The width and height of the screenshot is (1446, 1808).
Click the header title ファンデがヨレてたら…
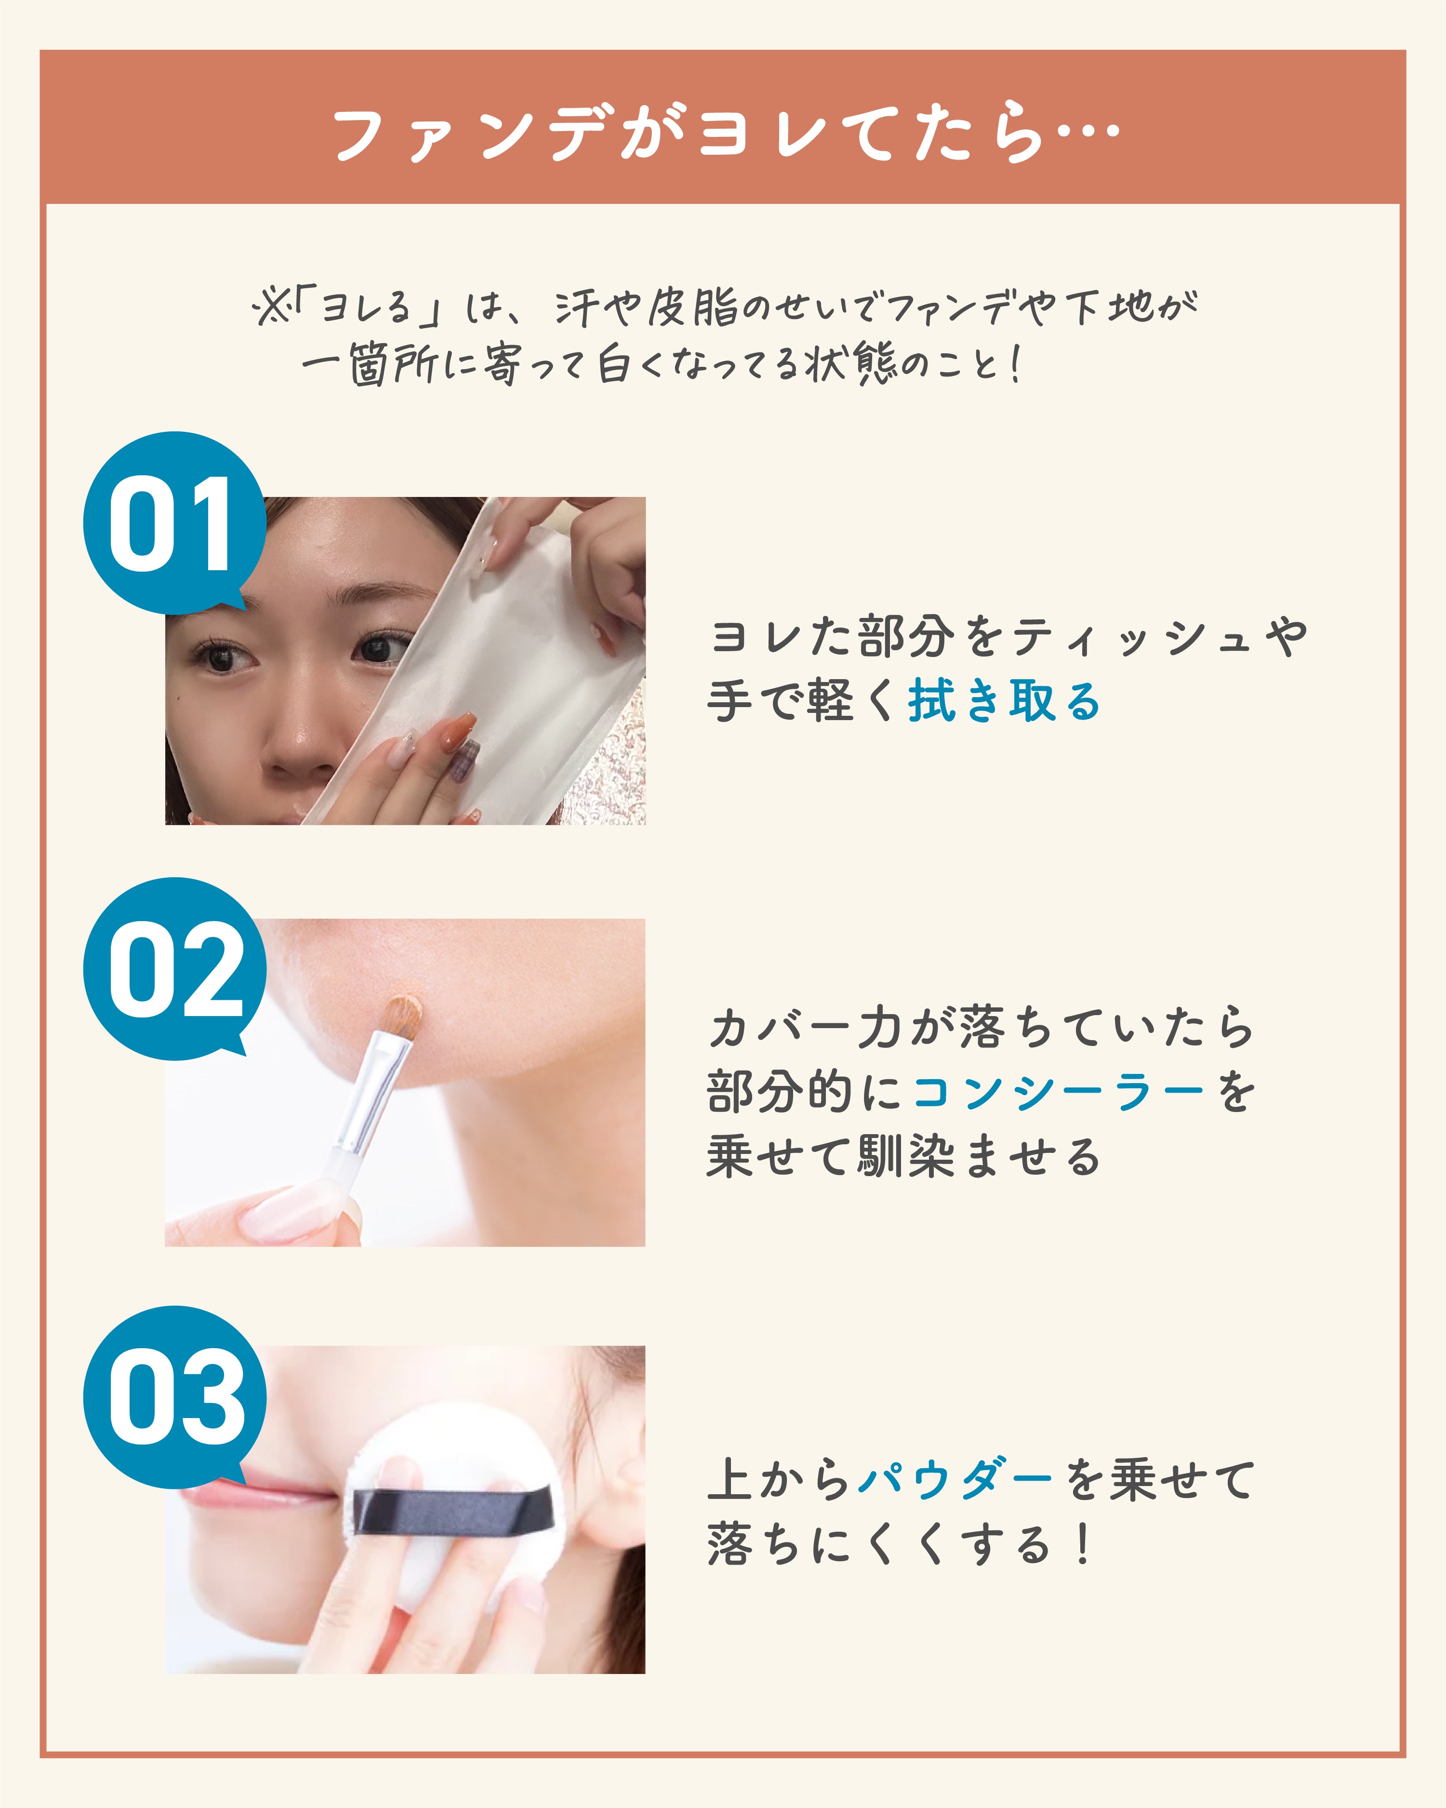pyautogui.click(x=726, y=134)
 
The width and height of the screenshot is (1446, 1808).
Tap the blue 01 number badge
pyautogui.click(x=174, y=523)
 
